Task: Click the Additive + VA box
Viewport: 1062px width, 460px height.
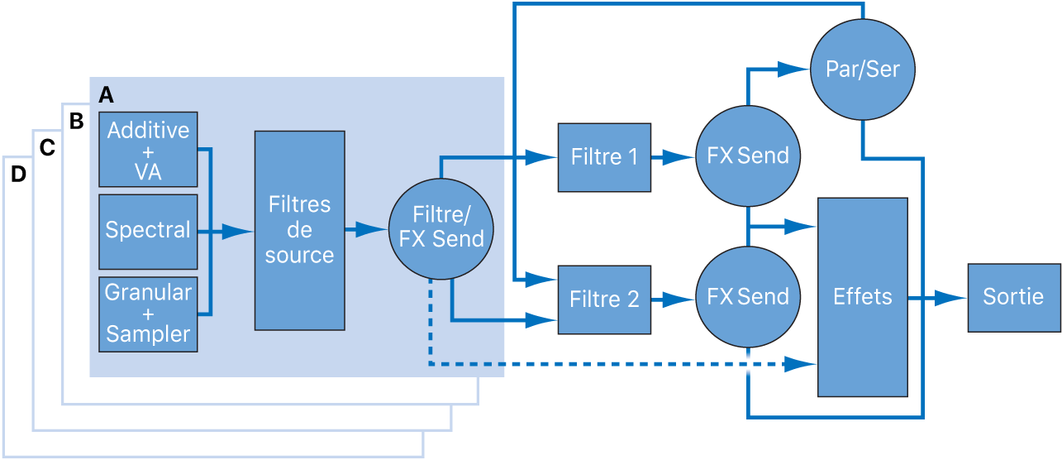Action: pyautogui.click(x=148, y=149)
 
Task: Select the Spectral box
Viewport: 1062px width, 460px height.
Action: pyautogui.click(x=148, y=232)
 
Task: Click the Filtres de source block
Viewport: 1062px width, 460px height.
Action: pyautogui.click(x=299, y=230)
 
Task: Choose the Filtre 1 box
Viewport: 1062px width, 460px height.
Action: pyautogui.click(x=604, y=156)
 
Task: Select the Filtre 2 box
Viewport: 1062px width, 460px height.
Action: pyautogui.click(x=604, y=299)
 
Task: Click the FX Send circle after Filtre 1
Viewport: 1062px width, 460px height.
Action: pyautogui.click(x=748, y=156)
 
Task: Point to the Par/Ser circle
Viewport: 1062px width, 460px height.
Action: pyautogui.click(x=862, y=69)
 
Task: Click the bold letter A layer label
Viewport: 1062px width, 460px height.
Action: pyautogui.click(x=106, y=95)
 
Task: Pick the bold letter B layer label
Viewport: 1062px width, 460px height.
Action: pyautogui.click(x=76, y=122)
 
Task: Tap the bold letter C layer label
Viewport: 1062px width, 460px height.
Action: pyautogui.click(x=47, y=148)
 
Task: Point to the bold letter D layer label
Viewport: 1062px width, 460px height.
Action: pyautogui.click(x=18, y=175)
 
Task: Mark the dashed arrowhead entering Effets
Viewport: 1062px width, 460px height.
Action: pyautogui.click(x=800, y=363)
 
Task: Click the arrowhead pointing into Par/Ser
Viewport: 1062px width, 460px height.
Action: pyautogui.click(x=796, y=69)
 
